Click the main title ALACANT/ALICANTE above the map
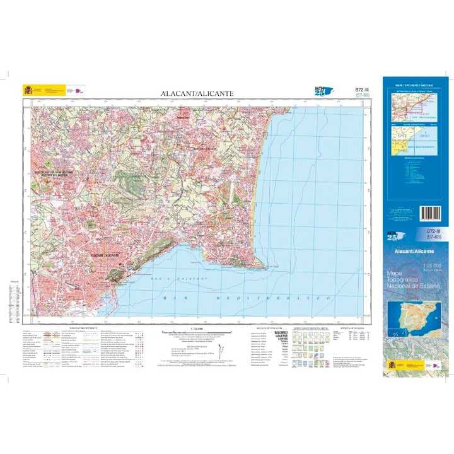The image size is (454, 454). pos(197,93)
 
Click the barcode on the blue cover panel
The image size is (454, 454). pos(434,212)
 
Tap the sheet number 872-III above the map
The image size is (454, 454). pos(361,90)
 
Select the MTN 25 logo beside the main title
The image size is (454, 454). pos(323,91)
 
